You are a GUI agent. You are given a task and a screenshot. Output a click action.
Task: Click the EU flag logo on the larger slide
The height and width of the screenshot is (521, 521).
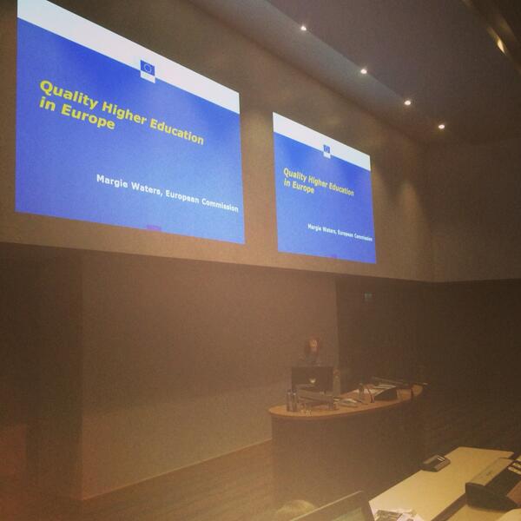[148, 69]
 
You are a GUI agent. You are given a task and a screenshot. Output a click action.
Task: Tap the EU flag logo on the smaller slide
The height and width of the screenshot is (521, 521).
[327, 150]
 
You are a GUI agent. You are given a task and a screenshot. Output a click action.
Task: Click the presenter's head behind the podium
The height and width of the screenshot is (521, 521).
[312, 349]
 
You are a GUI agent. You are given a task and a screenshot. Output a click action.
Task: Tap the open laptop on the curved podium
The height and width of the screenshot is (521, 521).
[311, 379]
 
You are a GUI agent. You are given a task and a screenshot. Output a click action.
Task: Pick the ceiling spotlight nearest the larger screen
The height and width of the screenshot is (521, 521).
[303, 28]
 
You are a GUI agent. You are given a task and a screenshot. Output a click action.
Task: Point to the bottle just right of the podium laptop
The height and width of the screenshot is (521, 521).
[337, 383]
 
